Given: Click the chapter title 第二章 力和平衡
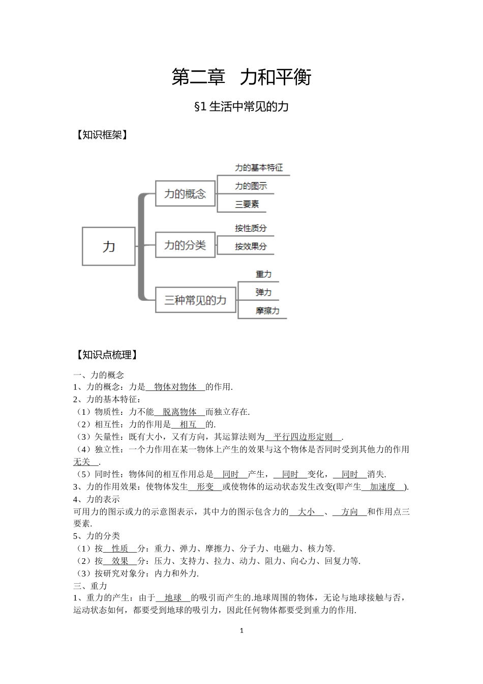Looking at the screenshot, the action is tap(241, 77).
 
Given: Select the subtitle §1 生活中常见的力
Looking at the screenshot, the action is tap(242, 106).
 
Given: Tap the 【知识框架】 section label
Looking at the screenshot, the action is tap(101, 135).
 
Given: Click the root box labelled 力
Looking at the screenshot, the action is tap(109, 246).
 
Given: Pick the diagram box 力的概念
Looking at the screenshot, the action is tap(185, 193).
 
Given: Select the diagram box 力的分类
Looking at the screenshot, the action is tap(185, 245).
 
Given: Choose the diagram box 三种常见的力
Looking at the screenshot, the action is tap(195, 300).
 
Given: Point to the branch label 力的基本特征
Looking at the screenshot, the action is tap(259, 167).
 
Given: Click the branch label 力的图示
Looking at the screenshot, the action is tap(251, 186).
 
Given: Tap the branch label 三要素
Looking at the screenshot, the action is tap(247, 204).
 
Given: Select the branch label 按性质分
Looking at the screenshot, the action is tap(251, 228).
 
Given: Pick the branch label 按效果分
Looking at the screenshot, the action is tap(251, 246).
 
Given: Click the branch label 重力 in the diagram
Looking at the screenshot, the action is tap(263, 274).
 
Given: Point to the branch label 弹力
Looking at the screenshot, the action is tap(263, 292).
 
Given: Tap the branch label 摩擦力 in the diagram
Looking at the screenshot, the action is tap(267, 310).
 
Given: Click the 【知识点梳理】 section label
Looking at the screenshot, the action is tap(106, 355).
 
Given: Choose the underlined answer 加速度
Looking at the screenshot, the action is tap(382, 487).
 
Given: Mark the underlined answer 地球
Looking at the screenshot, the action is tap(173, 597).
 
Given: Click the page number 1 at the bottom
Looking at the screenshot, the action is tap(242, 631).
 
